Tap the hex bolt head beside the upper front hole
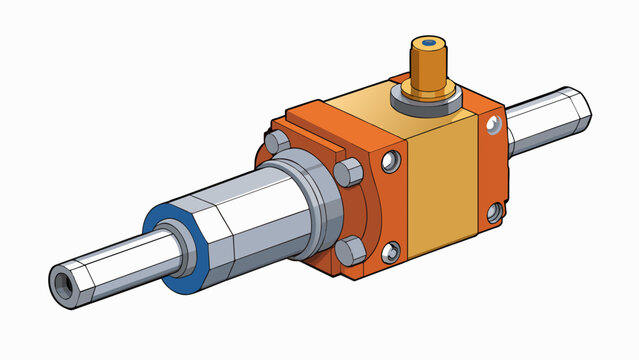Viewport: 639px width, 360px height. click(352, 171)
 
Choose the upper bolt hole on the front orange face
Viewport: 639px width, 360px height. click(392, 158)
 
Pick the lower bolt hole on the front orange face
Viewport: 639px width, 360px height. click(391, 250)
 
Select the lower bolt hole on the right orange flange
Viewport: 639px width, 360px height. click(493, 212)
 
